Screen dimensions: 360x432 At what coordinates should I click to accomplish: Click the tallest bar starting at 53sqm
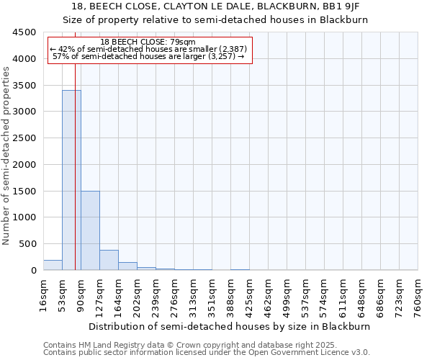[x=71, y=180]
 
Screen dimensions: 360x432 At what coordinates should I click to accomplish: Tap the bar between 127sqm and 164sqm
[x=109, y=260]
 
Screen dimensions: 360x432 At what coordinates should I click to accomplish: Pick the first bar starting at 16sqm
[x=53, y=265]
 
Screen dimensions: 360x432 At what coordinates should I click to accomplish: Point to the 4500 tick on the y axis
[x=24, y=32]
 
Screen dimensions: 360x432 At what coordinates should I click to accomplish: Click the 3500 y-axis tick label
[x=24, y=86]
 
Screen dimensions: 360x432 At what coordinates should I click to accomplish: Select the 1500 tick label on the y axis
[x=24, y=191]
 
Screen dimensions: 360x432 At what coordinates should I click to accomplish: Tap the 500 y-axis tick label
[x=27, y=244]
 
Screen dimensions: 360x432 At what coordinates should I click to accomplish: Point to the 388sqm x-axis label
[x=231, y=294]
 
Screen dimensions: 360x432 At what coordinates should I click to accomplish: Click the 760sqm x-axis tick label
[x=418, y=294]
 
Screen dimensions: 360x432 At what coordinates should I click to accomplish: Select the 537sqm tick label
[x=306, y=294]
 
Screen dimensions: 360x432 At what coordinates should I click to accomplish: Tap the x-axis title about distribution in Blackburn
[x=230, y=326]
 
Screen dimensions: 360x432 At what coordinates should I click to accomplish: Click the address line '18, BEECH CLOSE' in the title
[x=215, y=6]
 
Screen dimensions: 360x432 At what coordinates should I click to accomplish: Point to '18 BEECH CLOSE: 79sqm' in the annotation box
[x=148, y=42]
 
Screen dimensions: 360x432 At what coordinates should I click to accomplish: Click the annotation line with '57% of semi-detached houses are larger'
[x=149, y=56]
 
